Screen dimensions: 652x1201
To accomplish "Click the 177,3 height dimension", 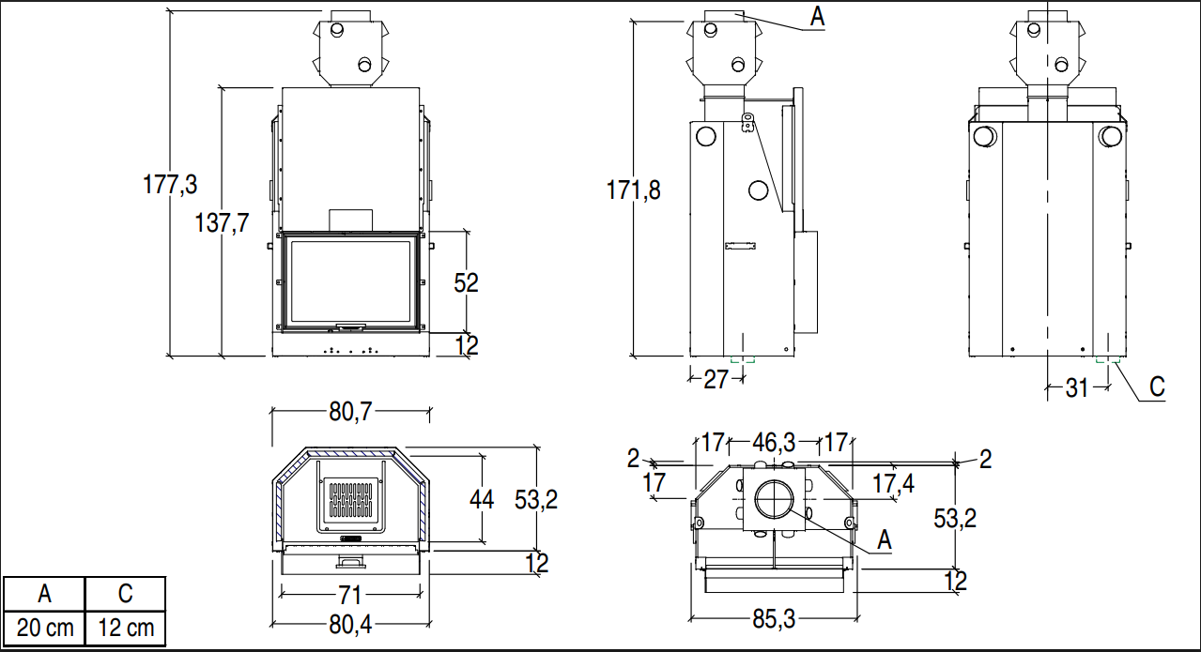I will (169, 185).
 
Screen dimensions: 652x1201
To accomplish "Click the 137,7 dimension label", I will (222, 224).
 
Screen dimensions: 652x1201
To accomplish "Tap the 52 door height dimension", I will (467, 281).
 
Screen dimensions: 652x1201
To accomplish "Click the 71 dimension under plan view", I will (350, 594).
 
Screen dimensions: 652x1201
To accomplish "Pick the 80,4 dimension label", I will (352, 623).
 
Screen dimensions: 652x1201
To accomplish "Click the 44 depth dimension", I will (481, 500).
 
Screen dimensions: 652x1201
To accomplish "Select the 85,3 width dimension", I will (774, 619).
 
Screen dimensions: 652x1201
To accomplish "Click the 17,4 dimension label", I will (893, 484).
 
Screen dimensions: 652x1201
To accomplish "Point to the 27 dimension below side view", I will (716, 379).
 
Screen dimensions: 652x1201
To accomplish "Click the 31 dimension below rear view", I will (1076, 386).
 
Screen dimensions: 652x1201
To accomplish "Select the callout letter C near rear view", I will (1157, 387).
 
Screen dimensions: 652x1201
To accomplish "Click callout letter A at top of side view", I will (817, 16).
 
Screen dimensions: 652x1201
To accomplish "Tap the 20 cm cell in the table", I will (44, 627).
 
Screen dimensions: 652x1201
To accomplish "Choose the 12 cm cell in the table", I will (125, 627).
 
